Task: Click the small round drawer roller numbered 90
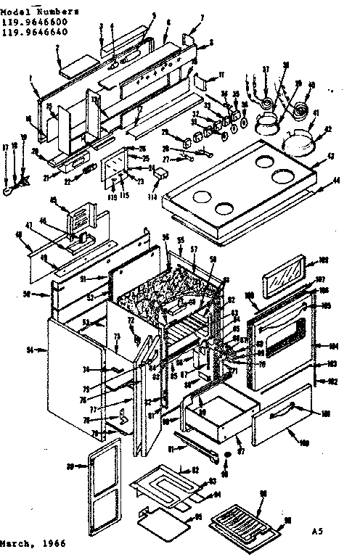[x=227, y=454]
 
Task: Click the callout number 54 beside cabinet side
[x=30, y=350]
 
